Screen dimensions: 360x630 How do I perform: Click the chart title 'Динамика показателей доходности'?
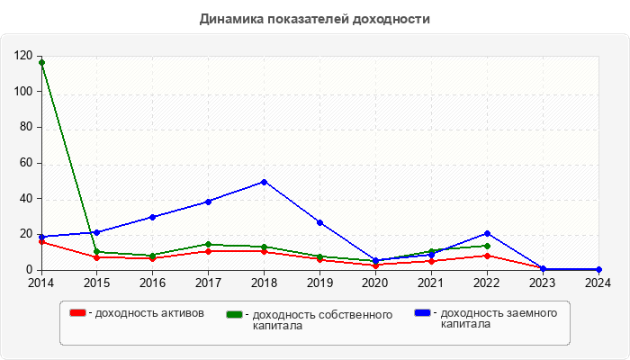315,18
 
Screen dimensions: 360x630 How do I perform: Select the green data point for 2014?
41,62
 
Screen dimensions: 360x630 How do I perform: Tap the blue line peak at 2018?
264,182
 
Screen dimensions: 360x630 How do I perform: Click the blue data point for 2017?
208,202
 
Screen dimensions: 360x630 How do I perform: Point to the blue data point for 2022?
487,233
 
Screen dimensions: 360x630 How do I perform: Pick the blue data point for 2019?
319,222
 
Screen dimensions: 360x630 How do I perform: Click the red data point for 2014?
41,241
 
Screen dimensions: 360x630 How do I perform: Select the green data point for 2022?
487,246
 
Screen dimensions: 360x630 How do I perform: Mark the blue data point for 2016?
152,217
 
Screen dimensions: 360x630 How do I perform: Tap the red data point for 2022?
487,256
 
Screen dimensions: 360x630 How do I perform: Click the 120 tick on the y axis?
24,56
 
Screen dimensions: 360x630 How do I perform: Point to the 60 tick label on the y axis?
27,163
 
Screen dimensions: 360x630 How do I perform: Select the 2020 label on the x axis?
375,283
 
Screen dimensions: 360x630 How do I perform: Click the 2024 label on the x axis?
598,283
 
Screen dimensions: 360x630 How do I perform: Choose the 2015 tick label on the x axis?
96,283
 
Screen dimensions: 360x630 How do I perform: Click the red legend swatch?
77,313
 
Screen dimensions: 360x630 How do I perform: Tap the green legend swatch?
235,314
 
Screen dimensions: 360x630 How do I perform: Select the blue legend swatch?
422,313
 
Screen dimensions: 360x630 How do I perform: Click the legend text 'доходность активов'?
149,313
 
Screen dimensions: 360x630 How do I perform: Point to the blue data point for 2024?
598,269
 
